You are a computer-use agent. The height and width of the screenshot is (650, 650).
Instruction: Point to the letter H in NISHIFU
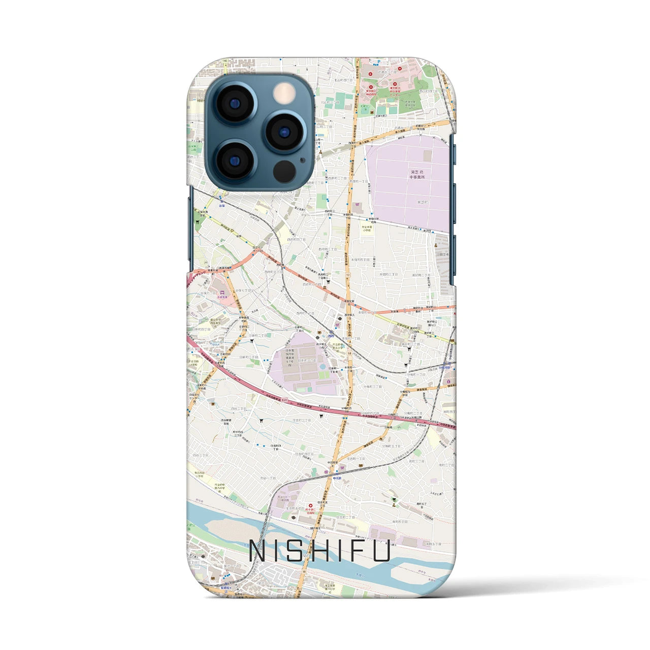coord(319,551)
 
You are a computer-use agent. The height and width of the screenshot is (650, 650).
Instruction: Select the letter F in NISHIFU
coord(355,551)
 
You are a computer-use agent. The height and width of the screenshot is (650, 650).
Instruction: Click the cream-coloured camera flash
coord(284,93)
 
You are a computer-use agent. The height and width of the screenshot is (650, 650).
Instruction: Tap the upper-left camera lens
coord(234,103)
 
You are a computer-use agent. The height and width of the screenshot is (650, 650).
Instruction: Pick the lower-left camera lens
coord(234,160)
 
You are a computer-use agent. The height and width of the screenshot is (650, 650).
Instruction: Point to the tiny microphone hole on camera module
coord(303,160)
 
